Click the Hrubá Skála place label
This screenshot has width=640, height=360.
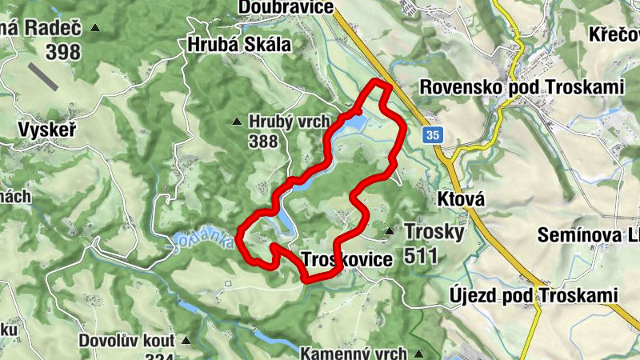click(238, 45)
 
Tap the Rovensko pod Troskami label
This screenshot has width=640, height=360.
click(522, 86)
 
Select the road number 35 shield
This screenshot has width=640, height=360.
click(433, 135)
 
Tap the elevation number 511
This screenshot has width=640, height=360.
click(422, 256)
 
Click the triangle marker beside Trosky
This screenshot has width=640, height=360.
click(390, 232)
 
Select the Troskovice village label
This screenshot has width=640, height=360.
click(347, 260)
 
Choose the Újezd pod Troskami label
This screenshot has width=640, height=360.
click(530, 296)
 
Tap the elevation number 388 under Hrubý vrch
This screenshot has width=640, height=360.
click(262, 142)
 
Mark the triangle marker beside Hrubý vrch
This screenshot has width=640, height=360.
click(236, 122)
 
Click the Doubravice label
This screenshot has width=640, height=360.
click(285, 7)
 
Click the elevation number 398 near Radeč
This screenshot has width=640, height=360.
click(63, 52)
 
